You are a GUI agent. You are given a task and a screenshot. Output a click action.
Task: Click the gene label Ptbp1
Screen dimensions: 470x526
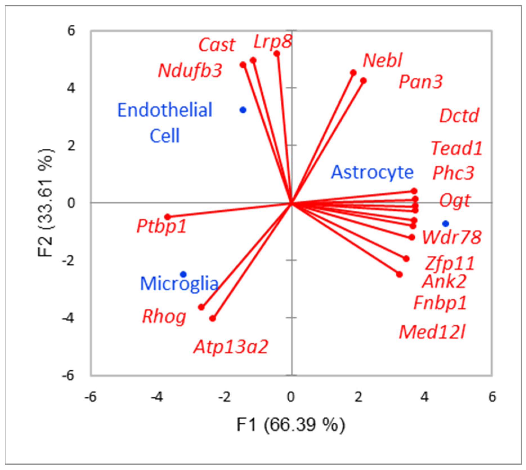[x=162, y=226]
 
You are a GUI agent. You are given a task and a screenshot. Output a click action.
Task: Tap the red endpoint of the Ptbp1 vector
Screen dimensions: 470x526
[x=168, y=217]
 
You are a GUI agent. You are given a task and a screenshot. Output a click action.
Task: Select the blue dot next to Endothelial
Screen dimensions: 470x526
[x=243, y=110]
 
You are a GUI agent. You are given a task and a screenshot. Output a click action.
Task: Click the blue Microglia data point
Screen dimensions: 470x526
[x=183, y=274]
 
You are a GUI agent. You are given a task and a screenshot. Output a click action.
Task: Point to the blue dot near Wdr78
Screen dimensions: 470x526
[x=445, y=224]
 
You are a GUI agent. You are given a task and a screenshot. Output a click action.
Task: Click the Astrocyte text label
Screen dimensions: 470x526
[x=372, y=172]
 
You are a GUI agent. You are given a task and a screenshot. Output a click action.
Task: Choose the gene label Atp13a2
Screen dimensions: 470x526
[x=231, y=347]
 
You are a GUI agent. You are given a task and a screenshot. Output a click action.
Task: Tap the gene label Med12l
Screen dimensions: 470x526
[x=432, y=332]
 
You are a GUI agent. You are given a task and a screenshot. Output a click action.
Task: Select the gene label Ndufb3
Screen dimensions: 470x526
[x=190, y=70]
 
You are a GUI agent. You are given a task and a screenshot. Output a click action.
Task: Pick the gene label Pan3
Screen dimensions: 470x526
[x=421, y=82]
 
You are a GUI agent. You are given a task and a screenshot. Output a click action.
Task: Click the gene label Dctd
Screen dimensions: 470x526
[x=459, y=116]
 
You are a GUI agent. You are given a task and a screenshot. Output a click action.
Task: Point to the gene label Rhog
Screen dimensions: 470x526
[x=164, y=317]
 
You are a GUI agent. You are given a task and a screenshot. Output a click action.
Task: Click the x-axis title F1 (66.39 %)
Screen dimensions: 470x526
[x=291, y=425]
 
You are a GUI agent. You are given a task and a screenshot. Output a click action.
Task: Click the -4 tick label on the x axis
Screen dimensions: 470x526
[x=157, y=397]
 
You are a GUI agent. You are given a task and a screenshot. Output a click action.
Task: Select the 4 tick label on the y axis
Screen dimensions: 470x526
[x=71, y=88]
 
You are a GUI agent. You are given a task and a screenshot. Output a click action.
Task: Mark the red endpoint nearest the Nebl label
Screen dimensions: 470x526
[x=353, y=73]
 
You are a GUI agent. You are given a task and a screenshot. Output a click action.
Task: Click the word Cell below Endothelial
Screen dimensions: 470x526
[x=165, y=136]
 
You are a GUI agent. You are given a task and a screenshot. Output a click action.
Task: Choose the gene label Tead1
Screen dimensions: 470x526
[x=456, y=148]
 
